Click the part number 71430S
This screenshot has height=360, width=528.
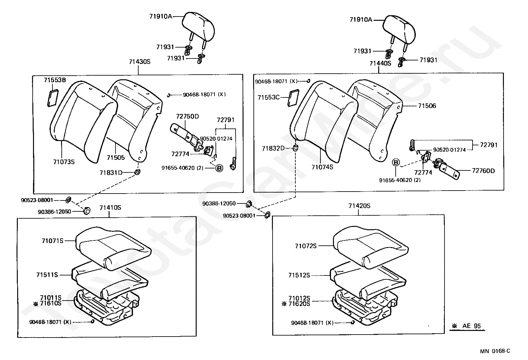click(139, 62)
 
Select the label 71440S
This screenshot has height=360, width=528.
click(380, 63)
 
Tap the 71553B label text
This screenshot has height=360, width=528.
click(55, 80)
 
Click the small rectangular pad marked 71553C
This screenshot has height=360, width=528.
click(293, 98)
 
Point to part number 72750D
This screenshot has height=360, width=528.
click(187, 117)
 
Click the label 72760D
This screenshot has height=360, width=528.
click(483, 171)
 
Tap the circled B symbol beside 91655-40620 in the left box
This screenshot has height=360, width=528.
click(219, 168)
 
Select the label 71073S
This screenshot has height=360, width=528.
click(64, 162)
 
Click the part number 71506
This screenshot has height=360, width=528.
click(427, 106)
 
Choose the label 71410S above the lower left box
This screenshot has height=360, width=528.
click(110, 208)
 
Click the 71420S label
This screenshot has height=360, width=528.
click(359, 206)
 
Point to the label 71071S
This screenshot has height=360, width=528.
click(52, 241)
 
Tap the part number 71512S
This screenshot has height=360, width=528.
click(299, 275)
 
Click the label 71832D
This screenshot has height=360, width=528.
click(273, 148)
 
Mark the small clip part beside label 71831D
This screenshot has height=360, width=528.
click(137, 172)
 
